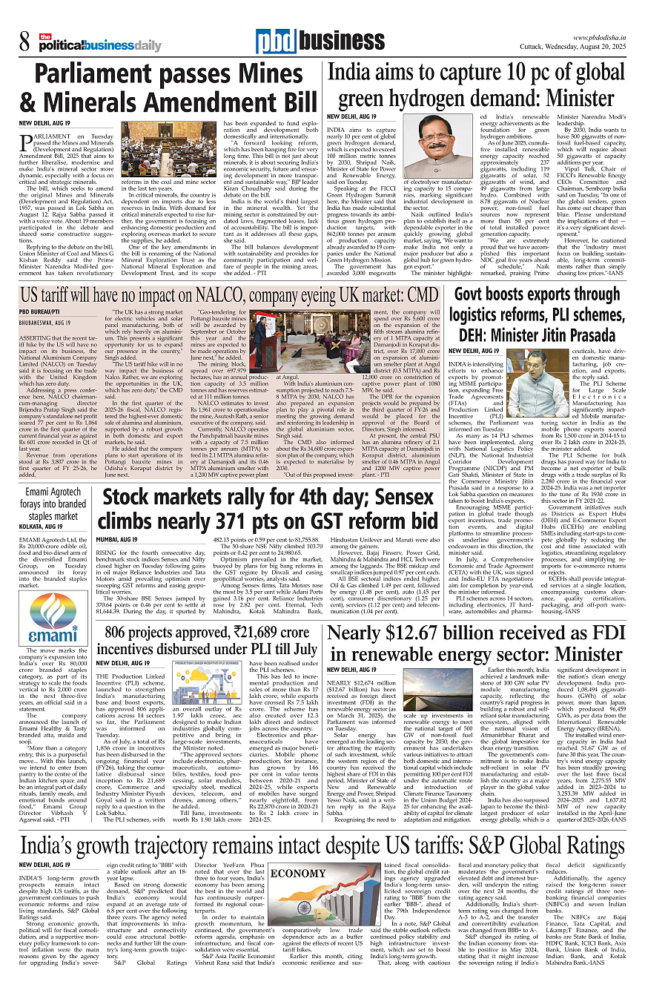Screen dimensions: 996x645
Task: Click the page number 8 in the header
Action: [24, 43]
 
